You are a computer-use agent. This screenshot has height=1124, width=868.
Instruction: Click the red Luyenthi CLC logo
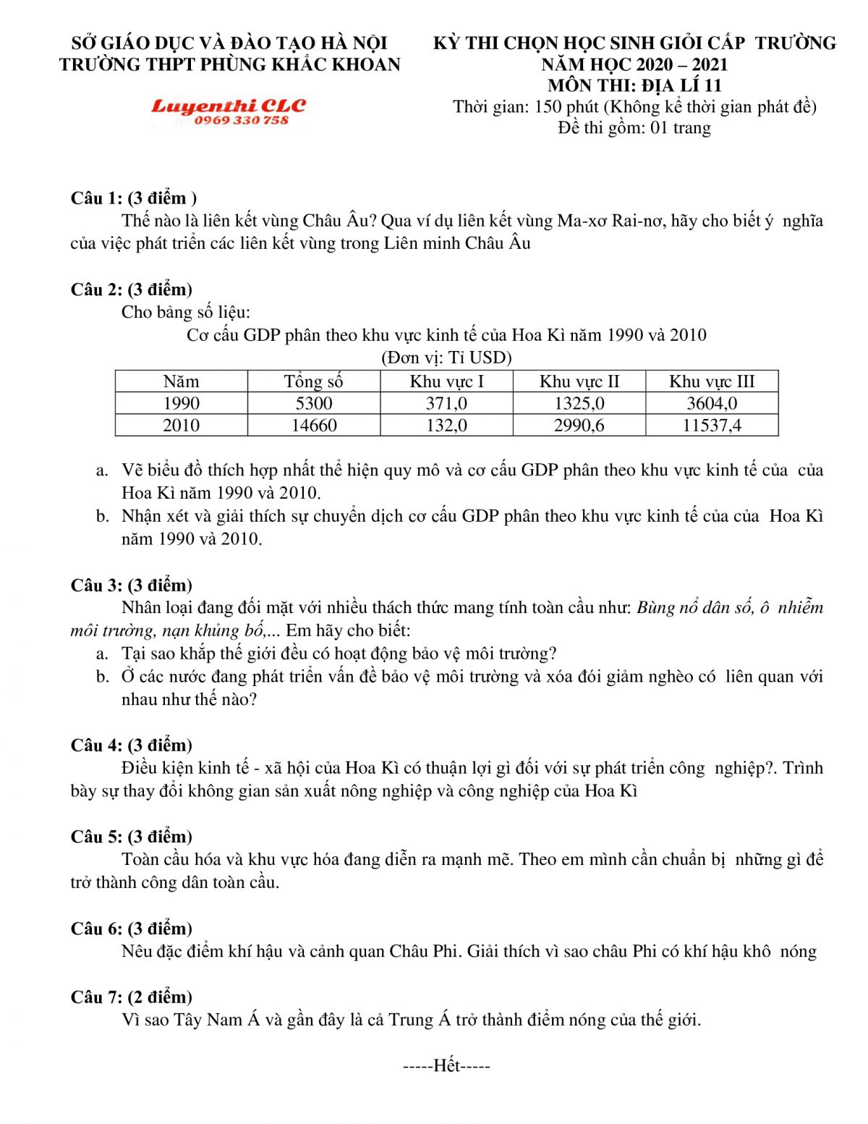pyautogui.click(x=229, y=106)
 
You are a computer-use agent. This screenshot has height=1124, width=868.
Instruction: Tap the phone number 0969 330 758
pyautogui.click(x=242, y=120)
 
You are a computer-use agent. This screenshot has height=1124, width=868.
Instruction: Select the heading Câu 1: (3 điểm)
pyautogui.click(x=134, y=198)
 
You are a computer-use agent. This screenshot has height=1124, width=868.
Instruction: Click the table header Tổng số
pyautogui.click(x=313, y=381)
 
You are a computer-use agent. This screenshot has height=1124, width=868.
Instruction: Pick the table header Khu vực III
pyautogui.click(x=712, y=381)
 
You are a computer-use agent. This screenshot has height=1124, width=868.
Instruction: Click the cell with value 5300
pyautogui.click(x=313, y=403)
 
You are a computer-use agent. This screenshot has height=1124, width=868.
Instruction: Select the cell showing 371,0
pyautogui.click(x=446, y=403)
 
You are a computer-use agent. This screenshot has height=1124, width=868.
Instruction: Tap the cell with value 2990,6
pyautogui.click(x=579, y=425)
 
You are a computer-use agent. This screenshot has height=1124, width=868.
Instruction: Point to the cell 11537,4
pyautogui.click(x=712, y=425)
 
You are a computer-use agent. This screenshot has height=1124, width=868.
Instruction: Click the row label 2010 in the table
pyautogui.click(x=181, y=425)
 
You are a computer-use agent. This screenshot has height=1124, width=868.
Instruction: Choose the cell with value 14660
pyautogui.click(x=313, y=425)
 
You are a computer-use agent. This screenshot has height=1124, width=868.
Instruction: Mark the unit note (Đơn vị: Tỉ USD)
pyautogui.click(x=446, y=358)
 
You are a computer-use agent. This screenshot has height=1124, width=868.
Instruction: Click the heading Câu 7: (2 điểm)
pyautogui.click(x=132, y=997)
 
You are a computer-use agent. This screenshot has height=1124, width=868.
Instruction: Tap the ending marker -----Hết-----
pyautogui.click(x=446, y=1065)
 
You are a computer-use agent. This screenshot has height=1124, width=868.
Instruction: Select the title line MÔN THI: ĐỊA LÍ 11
pyautogui.click(x=634, y=85)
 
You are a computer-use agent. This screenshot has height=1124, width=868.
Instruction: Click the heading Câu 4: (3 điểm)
pyautogui.click(x=132, y=745)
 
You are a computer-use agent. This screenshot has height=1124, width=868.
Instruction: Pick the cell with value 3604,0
pyautogui.click(x=712, y=403)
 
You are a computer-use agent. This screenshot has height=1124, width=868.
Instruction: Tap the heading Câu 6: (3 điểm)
pyautogui.click(x=132, y=928)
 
